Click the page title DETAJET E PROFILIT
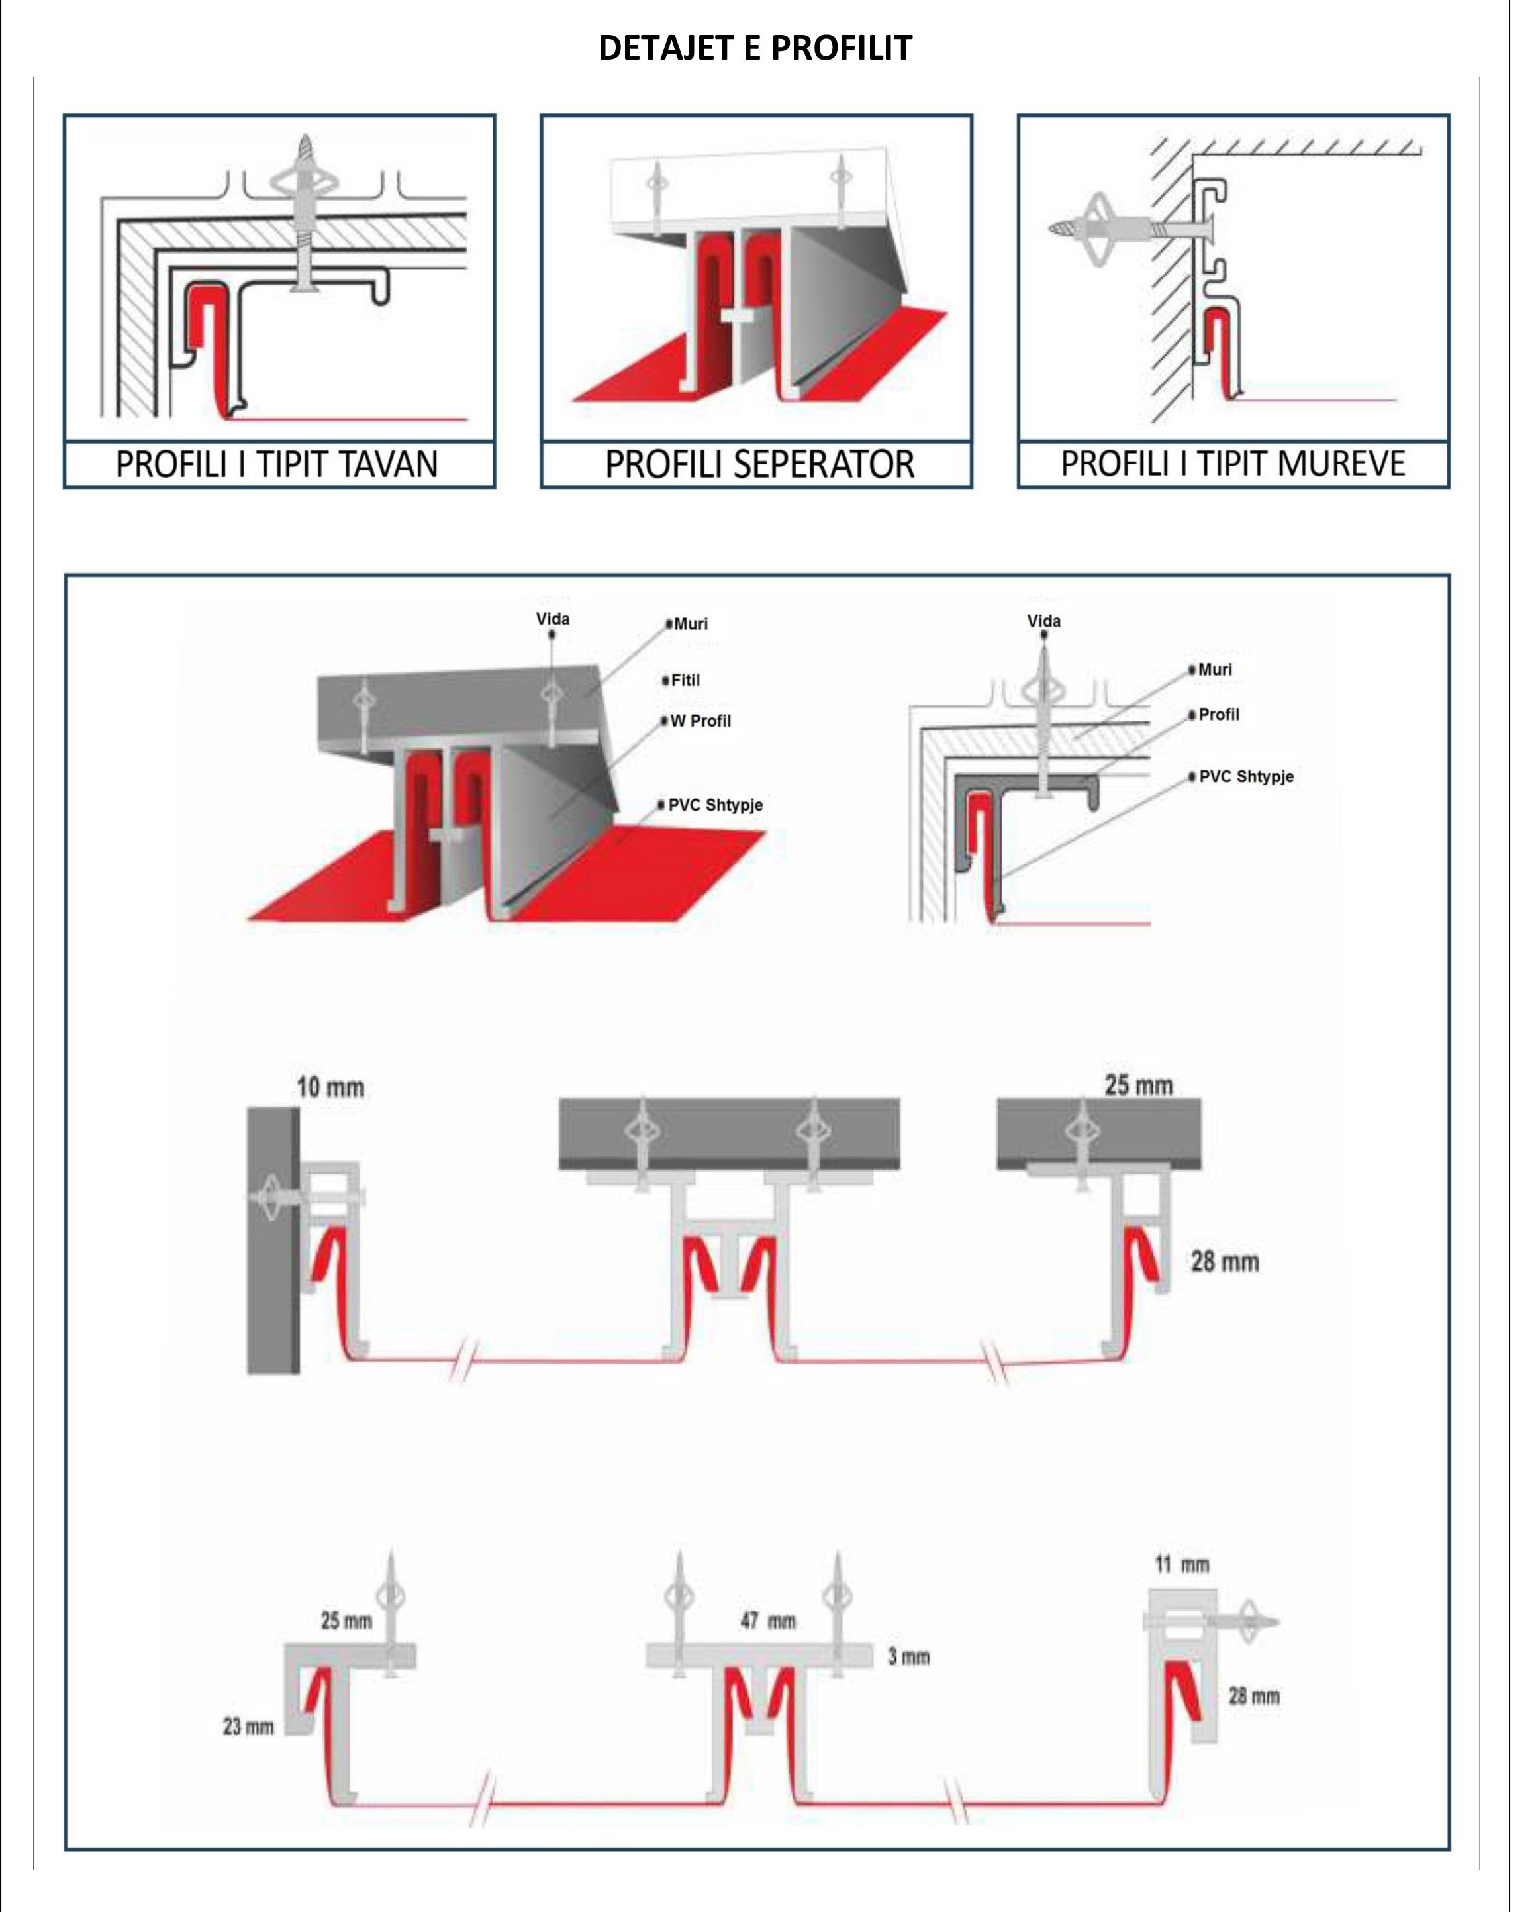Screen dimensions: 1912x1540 coord(755,48)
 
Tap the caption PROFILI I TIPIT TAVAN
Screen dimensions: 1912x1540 coord(277,465)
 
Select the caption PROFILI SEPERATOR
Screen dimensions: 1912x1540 coord(759,465)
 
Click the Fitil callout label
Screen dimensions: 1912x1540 coord(685,681)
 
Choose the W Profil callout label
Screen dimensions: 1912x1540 coord(700,721)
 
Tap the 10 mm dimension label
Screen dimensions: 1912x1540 coord(330,1087)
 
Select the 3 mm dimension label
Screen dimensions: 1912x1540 coord(908,1656)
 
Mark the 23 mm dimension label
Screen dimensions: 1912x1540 coord(248,1727)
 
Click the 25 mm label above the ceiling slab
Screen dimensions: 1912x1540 coord(1139,1085)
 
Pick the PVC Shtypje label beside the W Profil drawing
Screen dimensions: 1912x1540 coord(715,805)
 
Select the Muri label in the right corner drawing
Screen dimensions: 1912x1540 coord(1214,670)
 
